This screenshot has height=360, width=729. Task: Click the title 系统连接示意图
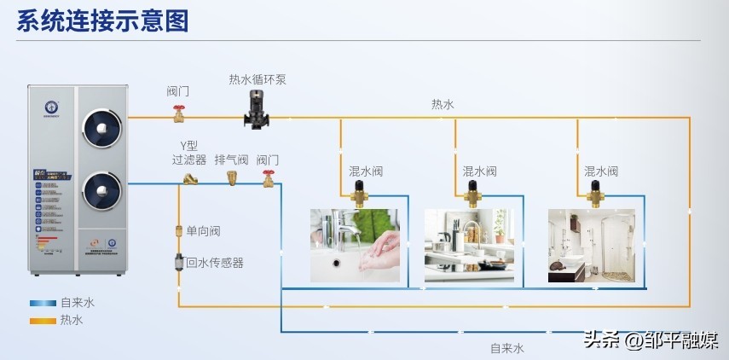click(x=102, y=20)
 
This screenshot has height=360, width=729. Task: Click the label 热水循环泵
click(x=257, y=79)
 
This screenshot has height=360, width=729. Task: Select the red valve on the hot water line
click(x=179, y=113)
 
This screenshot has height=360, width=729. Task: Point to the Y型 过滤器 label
click(x=188, y=153)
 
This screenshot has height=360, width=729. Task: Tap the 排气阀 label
click(x=231, y=160)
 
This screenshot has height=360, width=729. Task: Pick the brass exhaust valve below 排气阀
click(x=231, y=177)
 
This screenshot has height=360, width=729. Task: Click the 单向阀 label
click(x=203, y=231)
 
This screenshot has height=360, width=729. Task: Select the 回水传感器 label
click(x=215, y=263)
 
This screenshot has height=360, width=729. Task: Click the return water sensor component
click(x=179, y=262)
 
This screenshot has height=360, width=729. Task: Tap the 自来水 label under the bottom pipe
click(x=506, y=348)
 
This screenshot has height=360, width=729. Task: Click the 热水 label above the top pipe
click(x=443, y=104)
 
